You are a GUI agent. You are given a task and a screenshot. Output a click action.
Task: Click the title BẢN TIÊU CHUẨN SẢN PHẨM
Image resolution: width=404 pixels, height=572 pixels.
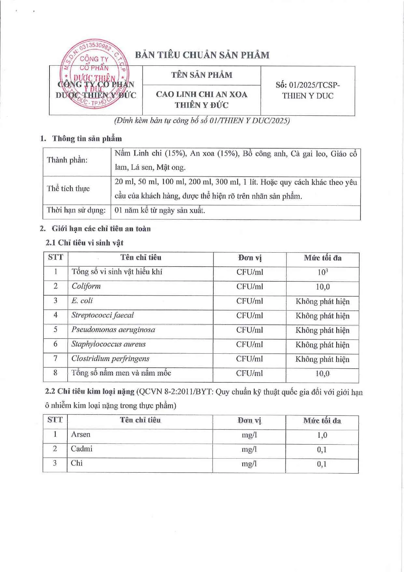pos(202,55)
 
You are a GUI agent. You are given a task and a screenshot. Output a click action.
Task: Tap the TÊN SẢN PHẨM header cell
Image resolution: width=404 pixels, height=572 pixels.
pos(202,75)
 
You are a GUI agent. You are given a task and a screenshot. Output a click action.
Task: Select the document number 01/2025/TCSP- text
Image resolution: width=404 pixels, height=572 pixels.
pos(308,85)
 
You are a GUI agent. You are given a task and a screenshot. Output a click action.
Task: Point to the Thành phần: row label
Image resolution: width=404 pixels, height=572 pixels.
pos(67,160)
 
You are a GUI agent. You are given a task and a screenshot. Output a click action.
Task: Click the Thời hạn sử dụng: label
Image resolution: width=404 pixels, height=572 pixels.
pos(76,210)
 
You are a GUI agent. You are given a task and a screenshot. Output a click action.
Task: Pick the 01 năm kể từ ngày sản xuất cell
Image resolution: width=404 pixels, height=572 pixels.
pos(160,210)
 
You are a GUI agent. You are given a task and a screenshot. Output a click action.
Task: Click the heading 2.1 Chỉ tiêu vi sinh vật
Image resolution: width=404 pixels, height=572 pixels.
pos(84,243)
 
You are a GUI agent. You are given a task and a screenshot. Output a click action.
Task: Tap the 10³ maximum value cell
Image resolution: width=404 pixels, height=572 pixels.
pos(323,272)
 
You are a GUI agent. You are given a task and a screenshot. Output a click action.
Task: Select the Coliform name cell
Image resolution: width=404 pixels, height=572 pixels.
pos(86,286)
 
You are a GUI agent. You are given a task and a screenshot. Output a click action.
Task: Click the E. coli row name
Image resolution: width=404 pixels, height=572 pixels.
pos(82,301)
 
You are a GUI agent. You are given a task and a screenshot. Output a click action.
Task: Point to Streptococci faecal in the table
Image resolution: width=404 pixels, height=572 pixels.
pos(103,315)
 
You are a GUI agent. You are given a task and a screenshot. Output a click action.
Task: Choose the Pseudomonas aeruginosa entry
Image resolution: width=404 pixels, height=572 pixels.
pos(113,330)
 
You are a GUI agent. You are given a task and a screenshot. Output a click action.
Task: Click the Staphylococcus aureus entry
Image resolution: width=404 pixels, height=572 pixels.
pos(108,344)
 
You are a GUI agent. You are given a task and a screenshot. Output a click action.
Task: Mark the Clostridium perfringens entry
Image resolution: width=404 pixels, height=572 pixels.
pos(110,359)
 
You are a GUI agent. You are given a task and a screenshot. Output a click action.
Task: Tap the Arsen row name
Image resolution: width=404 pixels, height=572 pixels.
pos(81,434)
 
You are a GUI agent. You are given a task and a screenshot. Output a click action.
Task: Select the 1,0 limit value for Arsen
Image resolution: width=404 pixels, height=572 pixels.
pos(322,435)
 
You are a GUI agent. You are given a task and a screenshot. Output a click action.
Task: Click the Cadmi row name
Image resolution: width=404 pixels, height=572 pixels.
pos(82,449)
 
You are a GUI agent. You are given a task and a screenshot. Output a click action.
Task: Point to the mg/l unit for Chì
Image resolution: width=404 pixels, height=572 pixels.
pos(249,463)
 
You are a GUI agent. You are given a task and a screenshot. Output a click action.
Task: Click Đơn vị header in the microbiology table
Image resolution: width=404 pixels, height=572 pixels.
pos(250,258)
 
